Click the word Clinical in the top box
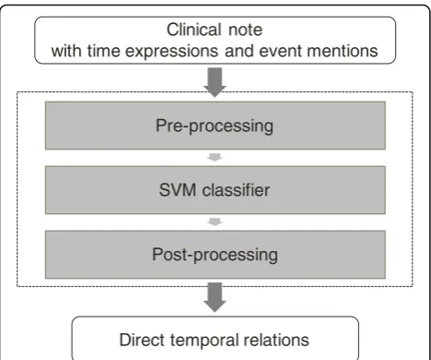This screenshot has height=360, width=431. (x=194, y=30)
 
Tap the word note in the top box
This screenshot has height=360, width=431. (x=245, y=30)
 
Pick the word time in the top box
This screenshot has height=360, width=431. (x=103, y=51)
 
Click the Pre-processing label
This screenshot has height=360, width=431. (x=214, y=126)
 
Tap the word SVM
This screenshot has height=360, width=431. (x=177, y=189)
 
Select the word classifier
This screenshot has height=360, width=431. (x=236, y=189)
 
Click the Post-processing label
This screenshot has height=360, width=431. (x=215, y=255)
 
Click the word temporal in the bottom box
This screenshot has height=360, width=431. (x=204, y=341)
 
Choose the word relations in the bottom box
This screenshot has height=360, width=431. (x=276, y=340)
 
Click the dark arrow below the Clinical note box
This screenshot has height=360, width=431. (x=215, y=82)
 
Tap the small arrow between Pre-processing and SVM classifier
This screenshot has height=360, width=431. (x=215, y=157)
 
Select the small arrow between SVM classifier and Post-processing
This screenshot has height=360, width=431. (x=215, y=222)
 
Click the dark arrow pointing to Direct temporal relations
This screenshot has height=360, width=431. (x=215, y=297)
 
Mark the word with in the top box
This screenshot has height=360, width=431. (x=66, y=51)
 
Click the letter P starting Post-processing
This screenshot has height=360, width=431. (x=157, y=254)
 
